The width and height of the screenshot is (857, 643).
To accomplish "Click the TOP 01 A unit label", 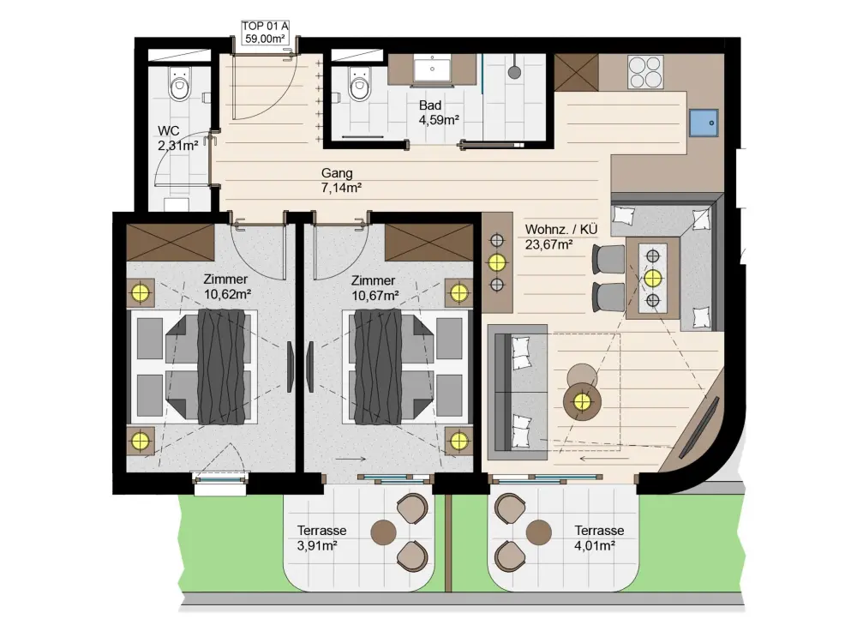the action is (266, 33).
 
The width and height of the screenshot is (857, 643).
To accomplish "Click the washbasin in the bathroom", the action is (432, 70).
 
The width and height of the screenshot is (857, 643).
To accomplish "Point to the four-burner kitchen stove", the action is (645, 72).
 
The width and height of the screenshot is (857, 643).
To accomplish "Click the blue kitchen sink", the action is (704, 123).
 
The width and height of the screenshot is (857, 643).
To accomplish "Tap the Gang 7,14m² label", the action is (341, 180).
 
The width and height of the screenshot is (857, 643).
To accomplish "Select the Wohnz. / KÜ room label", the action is (560, 229).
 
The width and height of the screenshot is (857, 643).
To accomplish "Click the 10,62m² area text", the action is (227, 295).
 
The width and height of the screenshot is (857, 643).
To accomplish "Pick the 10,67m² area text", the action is (375, 296).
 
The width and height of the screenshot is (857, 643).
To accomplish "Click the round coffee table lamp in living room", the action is (583, 402).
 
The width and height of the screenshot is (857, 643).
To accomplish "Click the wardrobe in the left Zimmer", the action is (171, 243).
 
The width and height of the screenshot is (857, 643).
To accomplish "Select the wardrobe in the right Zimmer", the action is (428, 243).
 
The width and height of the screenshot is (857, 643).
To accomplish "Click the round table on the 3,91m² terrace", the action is (384, 532).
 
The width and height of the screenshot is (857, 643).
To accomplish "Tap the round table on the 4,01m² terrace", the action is (539, 532).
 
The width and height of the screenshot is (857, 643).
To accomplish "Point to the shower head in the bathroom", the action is (514, 72).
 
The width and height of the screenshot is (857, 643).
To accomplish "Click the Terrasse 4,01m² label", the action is (599, 538).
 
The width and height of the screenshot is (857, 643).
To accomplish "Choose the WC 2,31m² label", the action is (177, 138).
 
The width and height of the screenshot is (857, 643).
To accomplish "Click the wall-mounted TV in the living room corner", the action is (699, 427).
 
